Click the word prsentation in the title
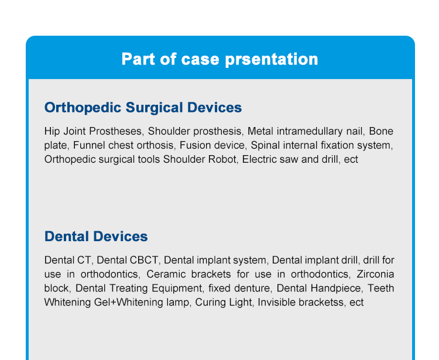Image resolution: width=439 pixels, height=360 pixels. [271, 60]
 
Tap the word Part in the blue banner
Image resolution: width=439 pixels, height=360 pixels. [138, 59]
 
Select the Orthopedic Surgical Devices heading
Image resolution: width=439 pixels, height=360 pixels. [143, 108]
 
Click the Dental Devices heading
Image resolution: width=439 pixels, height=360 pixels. [96, 236]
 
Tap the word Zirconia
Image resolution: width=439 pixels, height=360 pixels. [375, 274]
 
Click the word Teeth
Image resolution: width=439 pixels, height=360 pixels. [381, 288]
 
